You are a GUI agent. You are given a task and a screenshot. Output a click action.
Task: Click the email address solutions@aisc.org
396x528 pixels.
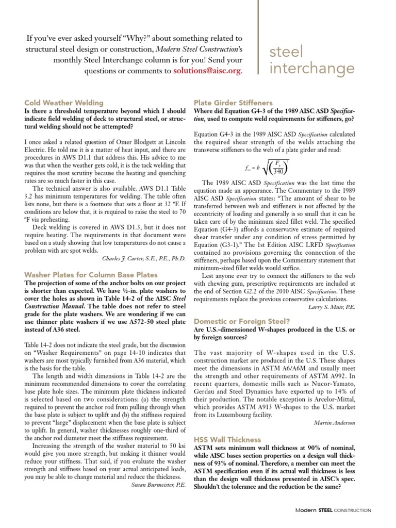point(207,71)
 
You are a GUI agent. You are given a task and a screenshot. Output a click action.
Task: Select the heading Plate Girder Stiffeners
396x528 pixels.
point(233,103)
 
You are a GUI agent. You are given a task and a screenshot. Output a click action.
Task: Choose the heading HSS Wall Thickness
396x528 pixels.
point(227,439)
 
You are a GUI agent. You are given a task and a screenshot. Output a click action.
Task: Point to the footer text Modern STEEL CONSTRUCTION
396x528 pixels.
point(333,510)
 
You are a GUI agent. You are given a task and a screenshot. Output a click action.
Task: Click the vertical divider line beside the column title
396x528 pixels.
point(258,41)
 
